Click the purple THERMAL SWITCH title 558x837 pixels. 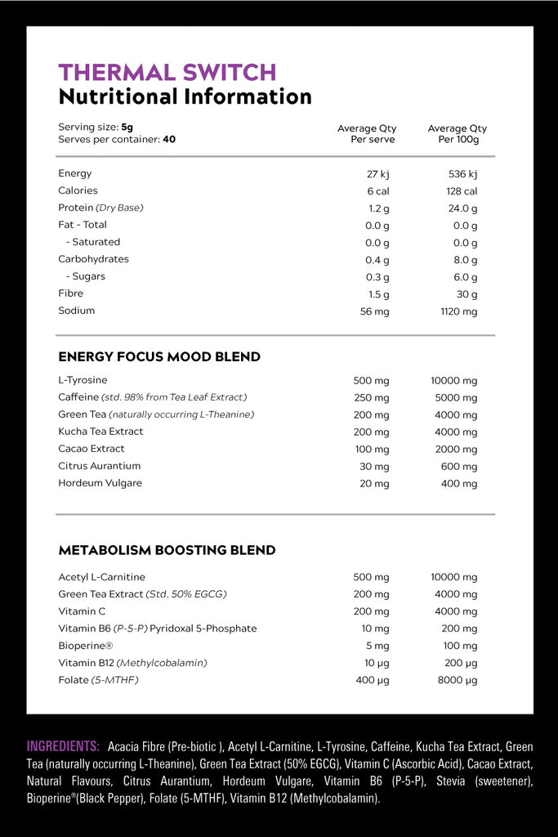click(167, 72)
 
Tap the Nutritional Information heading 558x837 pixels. click(185, 96)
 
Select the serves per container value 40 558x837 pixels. click(169, 140)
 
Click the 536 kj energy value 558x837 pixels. click(462, 173)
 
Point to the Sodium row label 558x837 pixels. click(76, 311)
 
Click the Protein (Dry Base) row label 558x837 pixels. click(100, 208)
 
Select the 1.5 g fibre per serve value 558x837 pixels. click(379, 294)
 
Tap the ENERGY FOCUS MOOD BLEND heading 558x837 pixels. click(159, 357)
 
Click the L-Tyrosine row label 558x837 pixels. click(83, 380)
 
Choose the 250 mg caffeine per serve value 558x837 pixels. click(371, 398)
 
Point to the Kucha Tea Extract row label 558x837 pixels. click(100, 432)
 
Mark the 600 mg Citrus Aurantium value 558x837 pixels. click(460, 467)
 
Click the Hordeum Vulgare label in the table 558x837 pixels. click(100, 483)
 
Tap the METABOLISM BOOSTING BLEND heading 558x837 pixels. click(167, 551)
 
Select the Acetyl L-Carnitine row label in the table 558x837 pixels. click(101, 577)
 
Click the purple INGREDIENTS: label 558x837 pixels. click(63, 746)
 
